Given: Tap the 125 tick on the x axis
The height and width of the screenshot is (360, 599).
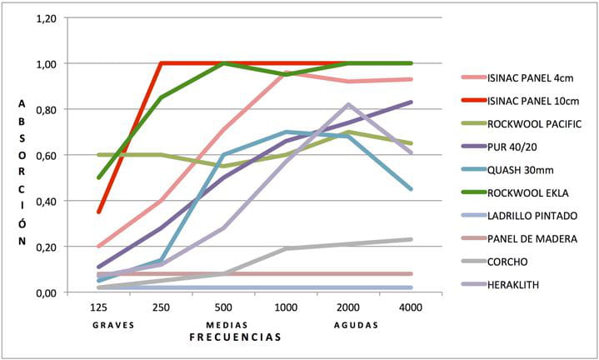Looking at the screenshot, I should click(99, 307).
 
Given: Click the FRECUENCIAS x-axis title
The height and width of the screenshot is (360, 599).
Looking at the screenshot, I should click(235, 337).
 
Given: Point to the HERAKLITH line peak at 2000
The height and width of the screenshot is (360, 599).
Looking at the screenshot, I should click(348, 105).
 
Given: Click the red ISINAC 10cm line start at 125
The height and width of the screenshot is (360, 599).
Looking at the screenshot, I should click(99, 212).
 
